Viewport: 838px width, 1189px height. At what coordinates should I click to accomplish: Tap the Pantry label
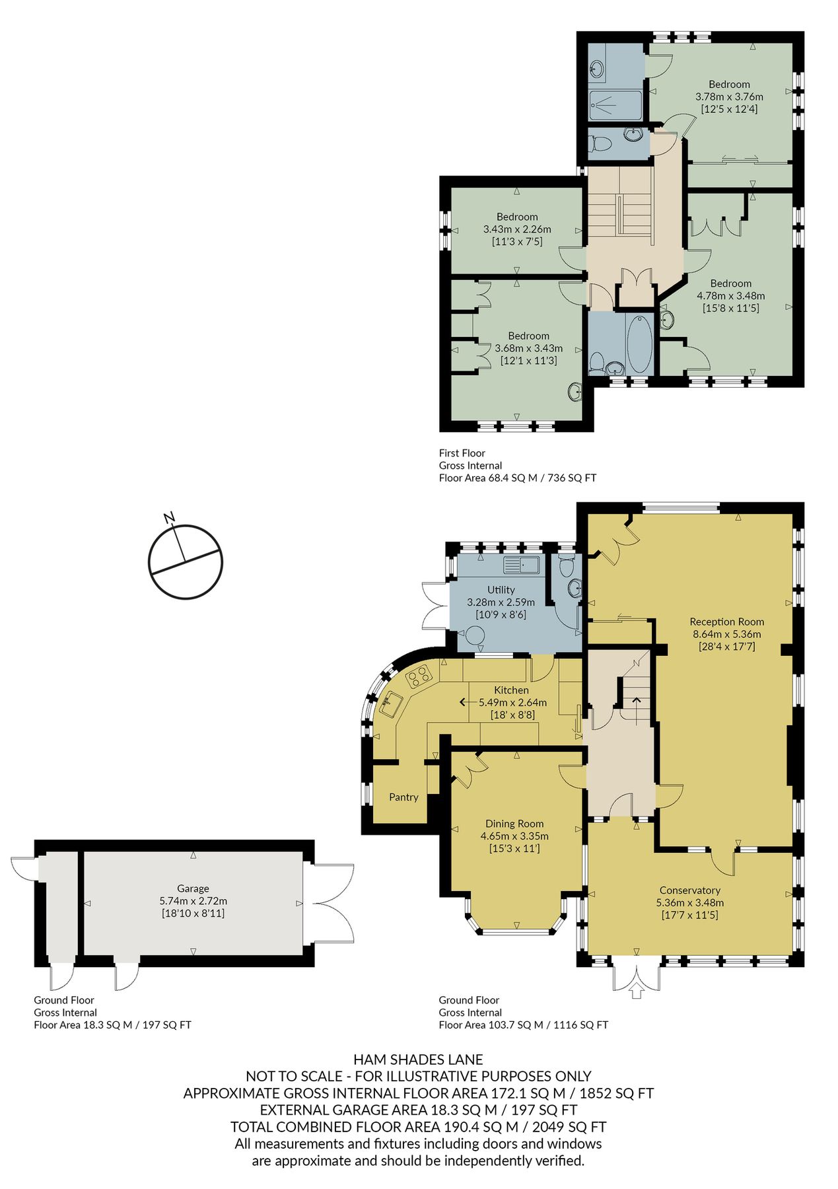point(403,797)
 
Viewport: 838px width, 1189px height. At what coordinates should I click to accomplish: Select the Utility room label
point(501,590)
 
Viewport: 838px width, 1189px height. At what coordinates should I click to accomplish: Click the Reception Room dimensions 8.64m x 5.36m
point(726,634)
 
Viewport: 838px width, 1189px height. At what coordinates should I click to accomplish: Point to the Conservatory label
point(689,890)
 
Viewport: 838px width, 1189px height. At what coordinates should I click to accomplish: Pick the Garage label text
point(193,888)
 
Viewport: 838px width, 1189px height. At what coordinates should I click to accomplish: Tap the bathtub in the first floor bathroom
point(639,344)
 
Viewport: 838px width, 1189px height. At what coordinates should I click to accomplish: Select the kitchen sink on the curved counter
point(391,704)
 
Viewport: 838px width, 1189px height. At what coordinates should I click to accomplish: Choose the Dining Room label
point(514,824)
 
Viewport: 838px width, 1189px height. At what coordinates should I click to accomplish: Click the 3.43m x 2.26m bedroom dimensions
point(517,229)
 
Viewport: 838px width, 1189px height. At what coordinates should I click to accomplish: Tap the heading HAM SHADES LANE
point(418,1060)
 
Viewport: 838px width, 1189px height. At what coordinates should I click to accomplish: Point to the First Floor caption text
point(462,453)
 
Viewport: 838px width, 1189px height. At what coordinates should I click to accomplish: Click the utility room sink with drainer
point(522,565)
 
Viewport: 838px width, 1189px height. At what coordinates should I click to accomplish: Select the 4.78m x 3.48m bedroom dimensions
point(731,296)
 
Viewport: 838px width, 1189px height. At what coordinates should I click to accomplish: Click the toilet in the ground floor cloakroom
point(567,565)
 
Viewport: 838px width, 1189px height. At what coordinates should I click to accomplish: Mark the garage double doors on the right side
point(330,904)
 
